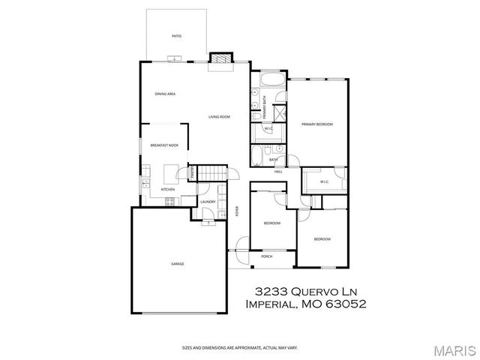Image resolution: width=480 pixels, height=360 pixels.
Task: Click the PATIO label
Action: pyautogui.click(x=177, y=35)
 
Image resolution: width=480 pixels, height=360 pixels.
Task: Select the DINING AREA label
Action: pyautogui.click(x=165, y=94)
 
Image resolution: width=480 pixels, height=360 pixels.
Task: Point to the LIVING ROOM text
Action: pyautogui.click(x=219, y=116)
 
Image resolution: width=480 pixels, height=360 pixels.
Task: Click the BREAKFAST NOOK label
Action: pyautogui.click(x=163, y=145)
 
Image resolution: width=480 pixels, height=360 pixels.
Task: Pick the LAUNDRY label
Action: pyautogui.click(x=208, y=201)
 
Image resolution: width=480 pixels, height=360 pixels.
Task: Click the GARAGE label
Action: pyautogui.click(x=177, y=263)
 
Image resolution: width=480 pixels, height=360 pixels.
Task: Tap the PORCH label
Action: pyautogui.click(x=266, y=256)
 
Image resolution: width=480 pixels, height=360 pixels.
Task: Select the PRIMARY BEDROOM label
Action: pyautogui.click(x=317, y=124)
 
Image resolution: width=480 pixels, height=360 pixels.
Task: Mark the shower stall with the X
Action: pyautogui.click(x=279, y=113)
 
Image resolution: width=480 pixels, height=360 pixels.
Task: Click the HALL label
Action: pyautogui.click(x=277, y=172)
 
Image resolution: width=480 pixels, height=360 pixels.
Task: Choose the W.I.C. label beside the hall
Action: pyautogui.click(x=325, y=181)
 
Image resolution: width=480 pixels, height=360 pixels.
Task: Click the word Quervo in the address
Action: pyautogui.click(x=314, y=290)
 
